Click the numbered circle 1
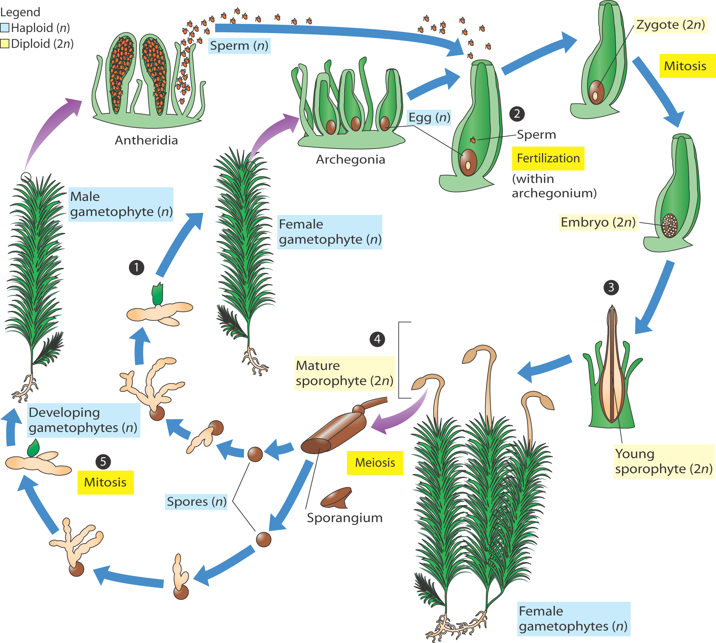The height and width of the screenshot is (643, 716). (x=137, y=267)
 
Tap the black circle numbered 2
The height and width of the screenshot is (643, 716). (x=517, y=114)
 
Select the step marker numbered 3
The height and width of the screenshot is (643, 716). (x=611, y=288)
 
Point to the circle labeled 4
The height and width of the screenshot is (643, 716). (x=377, y=339)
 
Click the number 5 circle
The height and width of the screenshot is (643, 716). (x=103, y=461)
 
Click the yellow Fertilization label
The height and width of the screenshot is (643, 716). (x=548, y=158)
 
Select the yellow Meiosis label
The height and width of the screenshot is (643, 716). (x=375, y=462)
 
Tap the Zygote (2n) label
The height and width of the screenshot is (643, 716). (x=670, y=25)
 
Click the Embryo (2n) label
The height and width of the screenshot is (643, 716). (x=598, y=222)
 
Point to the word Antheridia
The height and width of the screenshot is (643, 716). (x=146, y=140)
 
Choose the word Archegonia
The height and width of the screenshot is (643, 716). (x=350, y=159)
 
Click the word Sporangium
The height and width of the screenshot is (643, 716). (x=344, y=517)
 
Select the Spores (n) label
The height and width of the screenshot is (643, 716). (x=196, y=502)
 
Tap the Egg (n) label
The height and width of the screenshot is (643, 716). (x=430, y=117)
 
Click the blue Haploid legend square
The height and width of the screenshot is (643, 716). (x=5, y=28)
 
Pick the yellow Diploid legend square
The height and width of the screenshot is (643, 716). (x=5, y=44)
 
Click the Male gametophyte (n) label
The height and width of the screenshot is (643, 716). (x=121, y=204)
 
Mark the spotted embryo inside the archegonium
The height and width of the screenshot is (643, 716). (x=669, y=225)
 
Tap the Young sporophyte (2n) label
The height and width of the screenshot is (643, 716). (x=663, y=461)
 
